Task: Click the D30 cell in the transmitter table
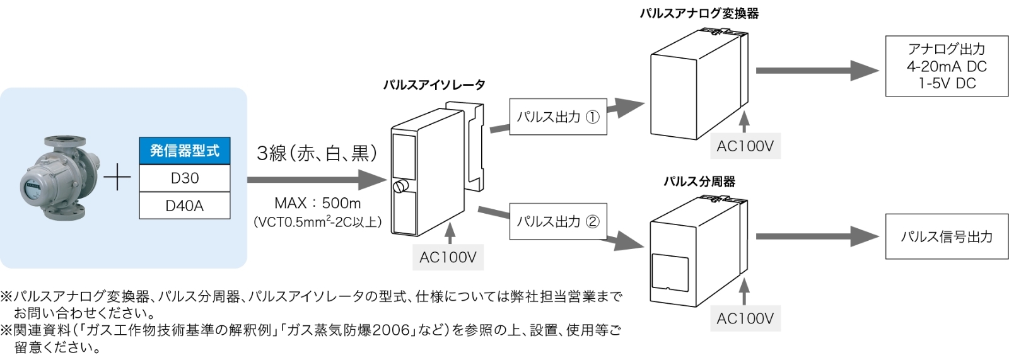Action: (x=184, y=178)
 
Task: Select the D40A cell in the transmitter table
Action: (x=184, y=206)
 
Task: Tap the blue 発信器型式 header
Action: (x=184, y=151)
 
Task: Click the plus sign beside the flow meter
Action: (x=117, y=179)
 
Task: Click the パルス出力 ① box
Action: (x=557, y=117)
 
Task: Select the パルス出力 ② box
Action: (x=557, y=221)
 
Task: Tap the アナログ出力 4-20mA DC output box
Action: (x=946, y=66)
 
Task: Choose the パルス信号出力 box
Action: (x=946, y=236)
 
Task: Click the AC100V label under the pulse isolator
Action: (x=448, y=257)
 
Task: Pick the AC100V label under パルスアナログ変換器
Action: (x=745, y=146)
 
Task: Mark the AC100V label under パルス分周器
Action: (x=745, y=318)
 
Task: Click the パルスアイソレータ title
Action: (x=434, y=84)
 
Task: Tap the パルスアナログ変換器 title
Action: (x=699, y=13)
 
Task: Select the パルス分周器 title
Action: (x=699, y=182)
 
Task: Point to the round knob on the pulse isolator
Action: (x=400, y=187)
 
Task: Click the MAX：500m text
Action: (x=317, y=203)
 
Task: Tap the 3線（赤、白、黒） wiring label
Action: (x=317, y=153)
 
